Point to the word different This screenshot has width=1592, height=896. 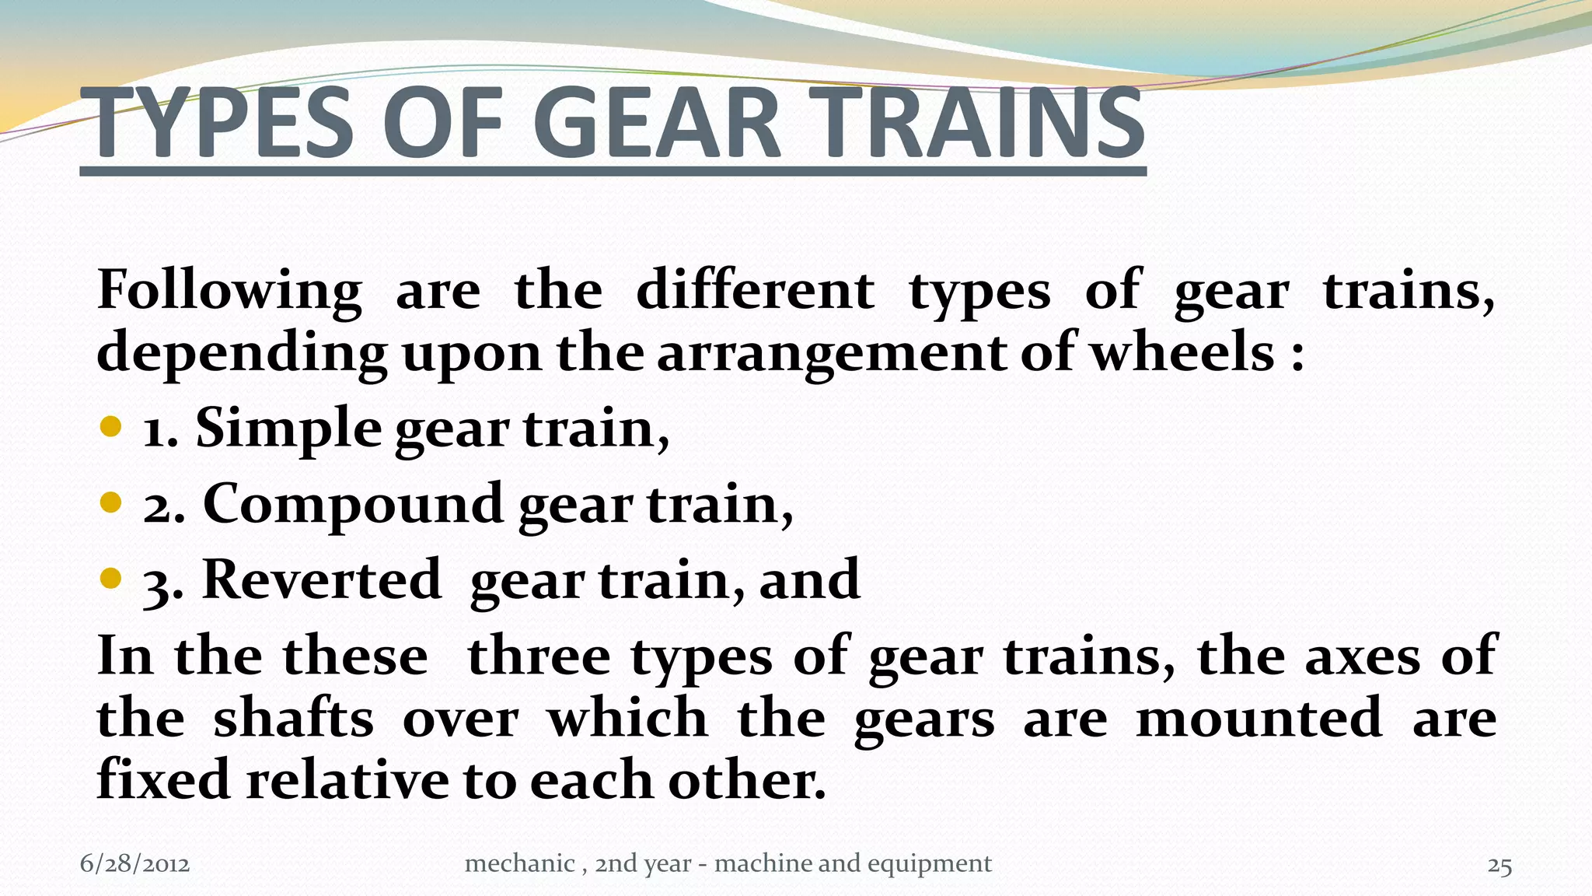pyautogui.click(x=755, y=290)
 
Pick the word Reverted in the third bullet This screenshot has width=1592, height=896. pyautogui.click(x=321, y=579)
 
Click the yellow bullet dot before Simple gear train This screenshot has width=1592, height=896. pyautogui.click(x=111, y=426)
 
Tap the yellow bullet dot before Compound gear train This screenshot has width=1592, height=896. pyautogui.click(x=111, y=502)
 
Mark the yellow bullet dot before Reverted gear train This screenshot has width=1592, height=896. pyautogui.click(x=111, y=578)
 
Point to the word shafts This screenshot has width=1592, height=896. pyautogui.click(x=293, y=718)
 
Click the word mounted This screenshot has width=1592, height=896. pyautogui.click(x=1259, y=718)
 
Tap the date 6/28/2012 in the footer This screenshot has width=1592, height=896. pyautogui.click(x=134, y=864)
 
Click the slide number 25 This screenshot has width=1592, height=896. pyautogui.click(x=1499, y=866)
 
